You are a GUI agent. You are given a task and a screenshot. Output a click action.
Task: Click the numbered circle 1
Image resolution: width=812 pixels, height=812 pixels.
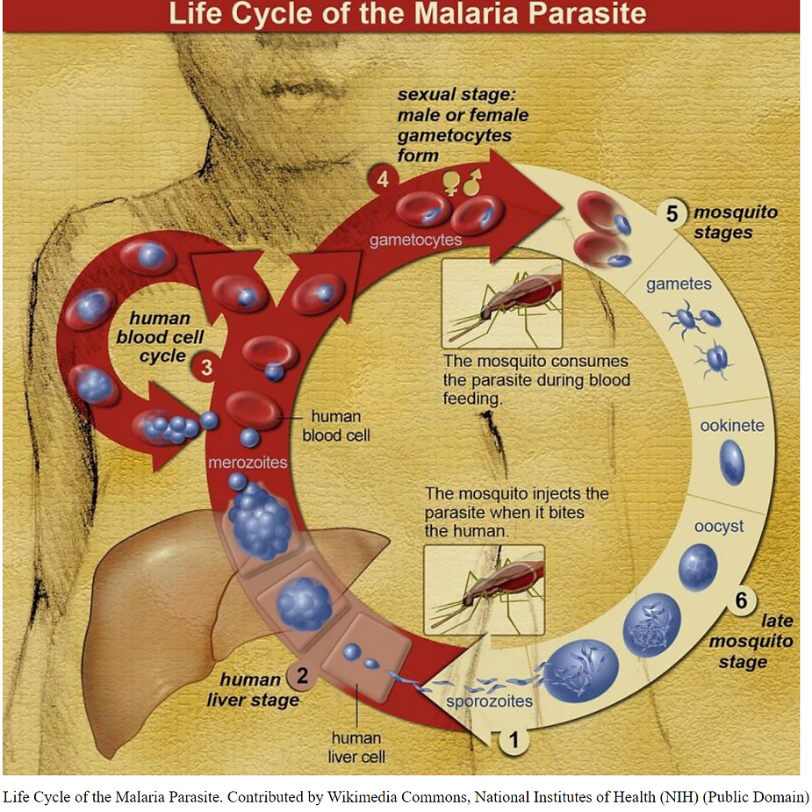(x=514, y=740)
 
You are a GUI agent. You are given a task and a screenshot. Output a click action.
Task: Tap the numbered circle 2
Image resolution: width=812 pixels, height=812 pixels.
(x=301, y=677)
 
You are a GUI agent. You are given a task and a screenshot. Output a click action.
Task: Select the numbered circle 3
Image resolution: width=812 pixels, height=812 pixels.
(x=207, y=368)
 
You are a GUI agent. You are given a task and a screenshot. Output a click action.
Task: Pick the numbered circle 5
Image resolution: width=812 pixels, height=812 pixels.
(x=672, y=214)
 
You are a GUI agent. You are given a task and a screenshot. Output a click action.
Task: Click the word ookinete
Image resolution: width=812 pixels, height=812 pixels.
(x=732, y=427)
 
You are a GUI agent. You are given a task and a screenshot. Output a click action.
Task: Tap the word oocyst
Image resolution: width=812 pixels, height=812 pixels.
(x=718, y=527)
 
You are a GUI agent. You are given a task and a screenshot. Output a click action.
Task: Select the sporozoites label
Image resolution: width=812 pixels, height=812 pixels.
(x=489, y=701)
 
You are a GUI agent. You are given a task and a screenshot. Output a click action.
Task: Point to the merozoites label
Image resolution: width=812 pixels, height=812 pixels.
(x=248, y=463)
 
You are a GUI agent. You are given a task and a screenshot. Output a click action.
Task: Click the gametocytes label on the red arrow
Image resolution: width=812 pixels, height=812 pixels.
(x=416, y=239)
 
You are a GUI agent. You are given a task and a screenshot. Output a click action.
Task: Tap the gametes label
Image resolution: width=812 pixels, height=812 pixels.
(x=679, y=284)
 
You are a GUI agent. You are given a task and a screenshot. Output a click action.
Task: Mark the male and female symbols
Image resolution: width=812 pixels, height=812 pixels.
(x=463, y=182)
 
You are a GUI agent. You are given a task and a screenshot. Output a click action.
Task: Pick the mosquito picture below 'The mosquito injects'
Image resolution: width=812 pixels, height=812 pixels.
(x=484, y=588)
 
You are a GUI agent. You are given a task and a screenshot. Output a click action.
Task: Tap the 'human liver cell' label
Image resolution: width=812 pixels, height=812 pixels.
(x=356, y=746)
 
